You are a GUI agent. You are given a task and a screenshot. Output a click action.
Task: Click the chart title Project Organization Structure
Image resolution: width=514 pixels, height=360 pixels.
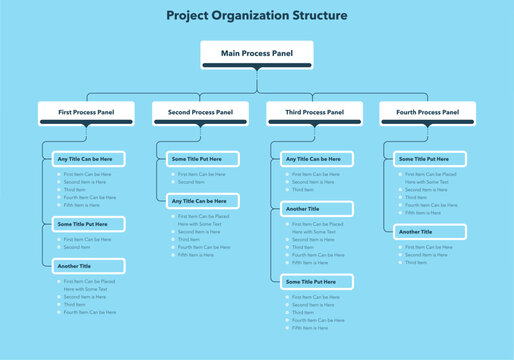click(257, 16)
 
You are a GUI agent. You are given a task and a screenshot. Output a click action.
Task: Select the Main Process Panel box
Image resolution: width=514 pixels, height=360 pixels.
click(257, 52)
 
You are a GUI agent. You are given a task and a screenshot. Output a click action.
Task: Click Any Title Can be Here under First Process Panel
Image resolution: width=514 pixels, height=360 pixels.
click(88, 159)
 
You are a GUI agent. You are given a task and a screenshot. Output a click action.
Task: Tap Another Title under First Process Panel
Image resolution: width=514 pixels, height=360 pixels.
click(88, 266)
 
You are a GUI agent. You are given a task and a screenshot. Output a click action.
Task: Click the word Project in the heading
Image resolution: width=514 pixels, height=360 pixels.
click(189, 16)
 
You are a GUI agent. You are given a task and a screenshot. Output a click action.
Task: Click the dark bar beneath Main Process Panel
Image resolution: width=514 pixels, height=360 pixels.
click(257, 66)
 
